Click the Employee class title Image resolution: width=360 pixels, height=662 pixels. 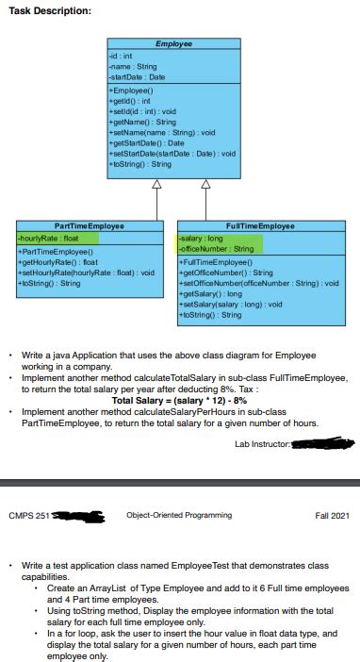tap(172, 44)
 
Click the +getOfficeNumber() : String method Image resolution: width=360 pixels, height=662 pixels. tap(225, 272)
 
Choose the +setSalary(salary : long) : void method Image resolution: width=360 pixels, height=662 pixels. tap(231, 305)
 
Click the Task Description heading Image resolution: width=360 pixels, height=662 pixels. tap(50, 10)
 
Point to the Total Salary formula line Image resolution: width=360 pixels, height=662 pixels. tap(179, 400)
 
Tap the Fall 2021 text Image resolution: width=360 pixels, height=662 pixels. tap(332, 515)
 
